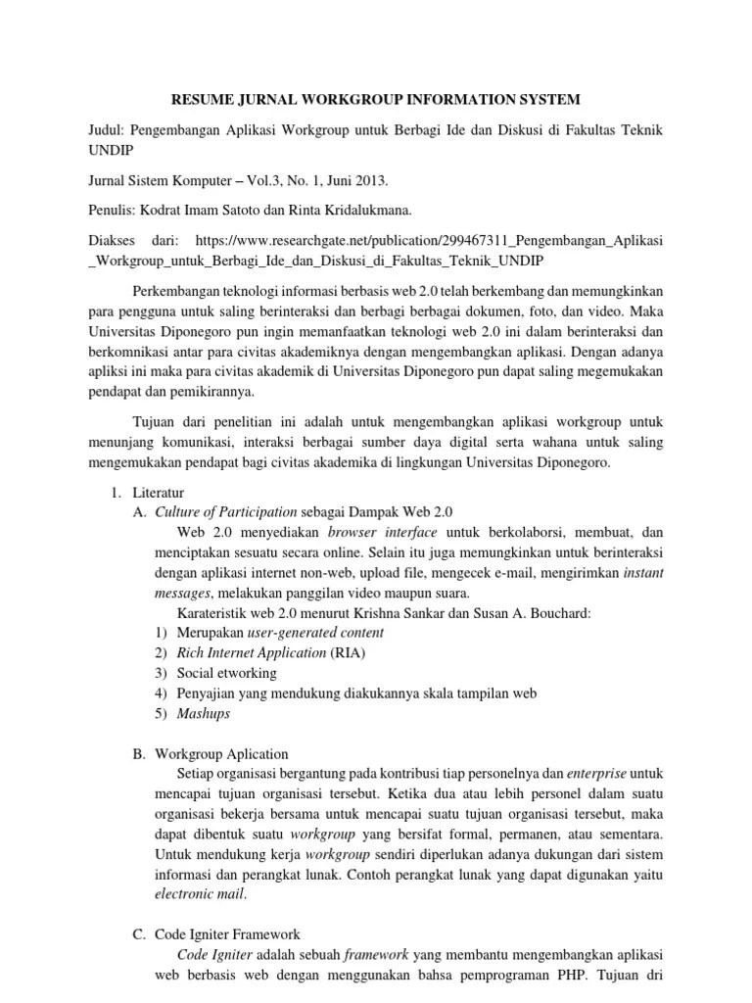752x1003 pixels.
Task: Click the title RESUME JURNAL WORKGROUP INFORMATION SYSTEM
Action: click(376, 99)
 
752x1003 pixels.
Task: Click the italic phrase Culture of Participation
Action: click(226, 511)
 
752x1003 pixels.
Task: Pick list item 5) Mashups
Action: click(203, 713)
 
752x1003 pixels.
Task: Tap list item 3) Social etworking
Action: click(226, 673)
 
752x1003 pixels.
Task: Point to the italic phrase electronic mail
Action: click(201, 894)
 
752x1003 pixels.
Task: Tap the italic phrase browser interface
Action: click(383, 532)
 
